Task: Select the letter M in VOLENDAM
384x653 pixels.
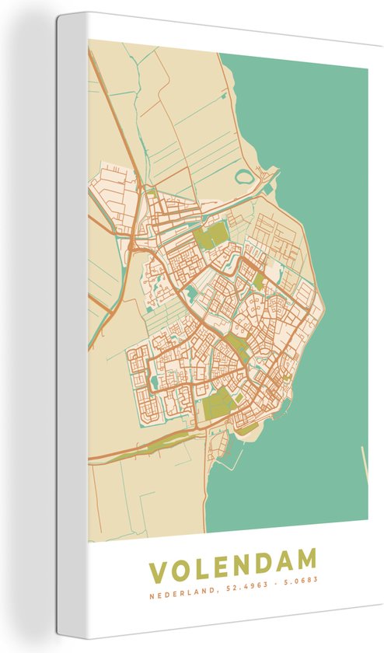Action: coord(304,560)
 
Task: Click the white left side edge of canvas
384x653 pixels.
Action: coord(71,326)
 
